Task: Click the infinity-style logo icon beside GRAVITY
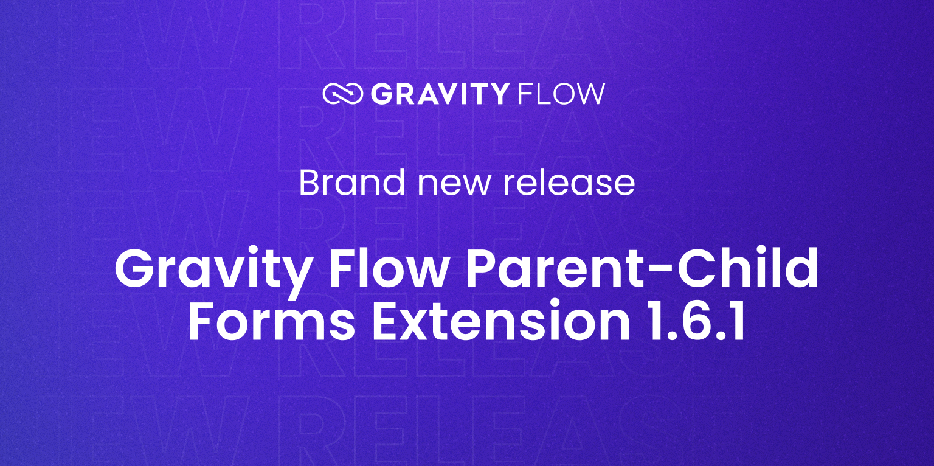343,94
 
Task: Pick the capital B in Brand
310,183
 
